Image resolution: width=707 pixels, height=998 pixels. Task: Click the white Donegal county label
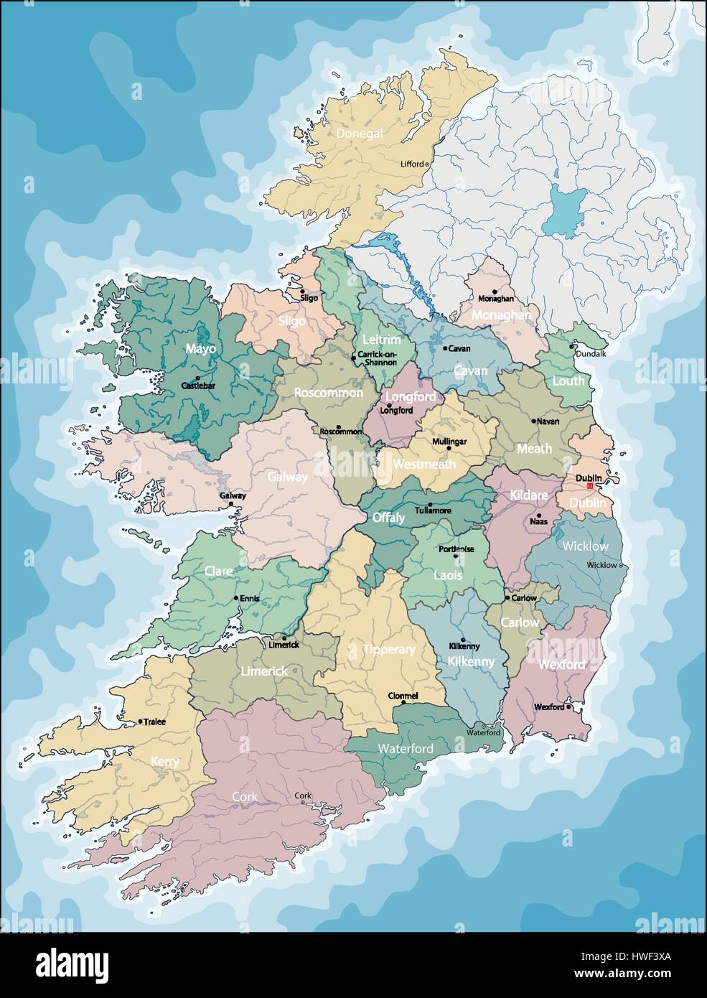tap(362, 134)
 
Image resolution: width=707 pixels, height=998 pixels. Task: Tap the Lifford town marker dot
tap(428, 164)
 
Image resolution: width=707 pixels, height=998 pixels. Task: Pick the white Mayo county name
tap(201, 349)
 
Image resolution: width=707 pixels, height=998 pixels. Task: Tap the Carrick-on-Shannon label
tap(377, 358)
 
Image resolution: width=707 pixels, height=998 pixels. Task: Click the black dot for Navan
tap(533, 421)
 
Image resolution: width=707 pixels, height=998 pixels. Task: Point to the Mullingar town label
tap(449, 442)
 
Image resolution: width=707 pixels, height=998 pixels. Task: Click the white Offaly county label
tap(388, 517)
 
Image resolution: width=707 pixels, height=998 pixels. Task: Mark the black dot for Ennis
tap(235, 598)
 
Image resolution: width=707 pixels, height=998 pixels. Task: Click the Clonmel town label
tap(403, 696)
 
